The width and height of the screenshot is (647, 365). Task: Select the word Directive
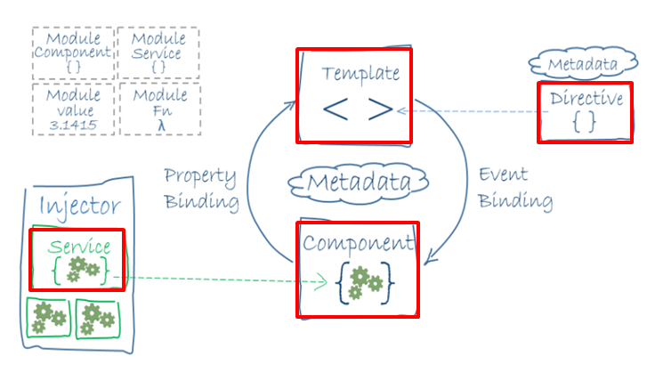586,99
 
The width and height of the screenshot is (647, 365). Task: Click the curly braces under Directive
584,123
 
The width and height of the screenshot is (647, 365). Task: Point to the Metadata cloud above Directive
583,65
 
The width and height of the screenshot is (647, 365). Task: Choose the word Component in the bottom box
357,242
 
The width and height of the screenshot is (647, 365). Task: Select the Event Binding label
515,187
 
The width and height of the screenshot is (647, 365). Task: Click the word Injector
81,207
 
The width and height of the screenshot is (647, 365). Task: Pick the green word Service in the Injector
80,246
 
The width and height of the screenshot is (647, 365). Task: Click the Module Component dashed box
72,53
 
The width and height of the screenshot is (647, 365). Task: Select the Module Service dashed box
158,53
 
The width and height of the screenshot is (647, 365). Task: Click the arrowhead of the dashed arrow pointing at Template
402,110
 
